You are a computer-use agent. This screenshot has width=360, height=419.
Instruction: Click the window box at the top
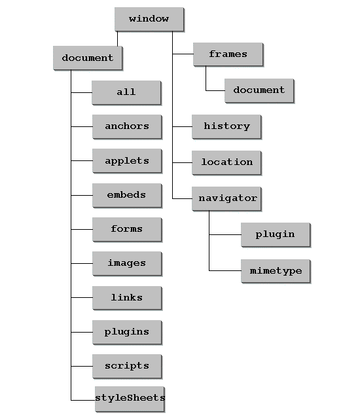coord(149,19)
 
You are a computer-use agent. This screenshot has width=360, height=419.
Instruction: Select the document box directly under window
coord(88,58)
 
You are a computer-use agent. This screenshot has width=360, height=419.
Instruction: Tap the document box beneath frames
coord(259,90)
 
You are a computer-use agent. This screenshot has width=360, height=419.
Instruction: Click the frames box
coord(228,54)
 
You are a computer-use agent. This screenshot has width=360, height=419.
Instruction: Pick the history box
coord(226,126)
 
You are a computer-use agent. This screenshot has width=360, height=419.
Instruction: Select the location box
coord(226,162)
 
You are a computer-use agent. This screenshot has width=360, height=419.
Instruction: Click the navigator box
coord(226,198)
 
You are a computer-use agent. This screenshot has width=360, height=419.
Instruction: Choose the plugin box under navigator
coord(276,234)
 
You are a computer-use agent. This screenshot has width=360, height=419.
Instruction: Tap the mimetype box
coord(276,271)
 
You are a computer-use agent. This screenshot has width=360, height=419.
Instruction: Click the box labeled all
coord(126,92)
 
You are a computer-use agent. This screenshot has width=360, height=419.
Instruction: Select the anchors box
coord(127,126)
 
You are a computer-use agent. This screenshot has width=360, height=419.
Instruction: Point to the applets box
coord(127,161)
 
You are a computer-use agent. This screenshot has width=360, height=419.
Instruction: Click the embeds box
coord(127,195)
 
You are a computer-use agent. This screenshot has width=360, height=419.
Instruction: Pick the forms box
coord(127,230)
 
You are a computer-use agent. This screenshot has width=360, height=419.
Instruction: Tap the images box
coord(127,263)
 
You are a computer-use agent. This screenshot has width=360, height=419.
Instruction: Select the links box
coord(127,298)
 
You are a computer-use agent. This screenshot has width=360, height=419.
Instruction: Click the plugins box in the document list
coord(127,332)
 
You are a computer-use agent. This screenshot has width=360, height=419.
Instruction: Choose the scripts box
coord(127,367)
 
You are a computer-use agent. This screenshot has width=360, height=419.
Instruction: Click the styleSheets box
coord(130,399)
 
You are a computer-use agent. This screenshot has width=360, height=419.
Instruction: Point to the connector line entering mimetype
coord(225,270)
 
